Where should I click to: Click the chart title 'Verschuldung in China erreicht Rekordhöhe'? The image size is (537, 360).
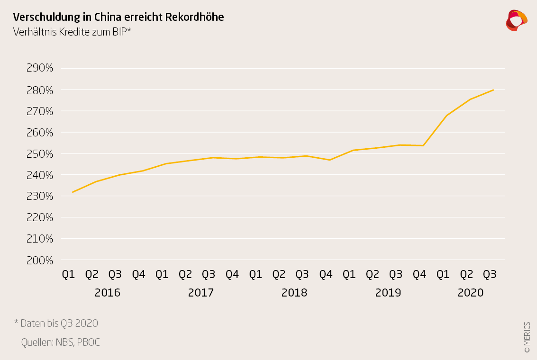(x=118, y=17)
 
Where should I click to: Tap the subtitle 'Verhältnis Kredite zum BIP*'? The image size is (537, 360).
(x=72, y=32)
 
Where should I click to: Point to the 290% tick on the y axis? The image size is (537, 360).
(x=39, y=68)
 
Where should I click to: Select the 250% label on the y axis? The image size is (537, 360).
(x=39, y=154)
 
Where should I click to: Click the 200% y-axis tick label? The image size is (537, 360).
(x=39, y=261)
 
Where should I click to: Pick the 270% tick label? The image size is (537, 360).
(x=39, y=111)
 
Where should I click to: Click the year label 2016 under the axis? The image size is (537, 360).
(x=108, y=293)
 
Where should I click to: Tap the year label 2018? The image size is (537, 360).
(x=294, y=293)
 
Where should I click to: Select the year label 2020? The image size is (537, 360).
(x=471, y=293)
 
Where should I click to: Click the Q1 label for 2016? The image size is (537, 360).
(x=69, y=274)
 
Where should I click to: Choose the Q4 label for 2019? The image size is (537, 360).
(x=419, y=274)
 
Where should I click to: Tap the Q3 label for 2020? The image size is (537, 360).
(x=490, y=274)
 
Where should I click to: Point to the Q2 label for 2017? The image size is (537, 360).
(x=185, y=274)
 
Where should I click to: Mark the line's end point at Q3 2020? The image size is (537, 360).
(x=493, y=90)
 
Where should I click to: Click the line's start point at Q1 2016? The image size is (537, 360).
(x=73, y=192)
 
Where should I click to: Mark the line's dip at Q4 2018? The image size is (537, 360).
(x=329, y=160)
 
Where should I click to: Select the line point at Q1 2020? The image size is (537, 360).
(x=446, y=115)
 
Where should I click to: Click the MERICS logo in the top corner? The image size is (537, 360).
(x=516, y=20)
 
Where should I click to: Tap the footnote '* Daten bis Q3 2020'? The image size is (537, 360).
(x=56, y=324)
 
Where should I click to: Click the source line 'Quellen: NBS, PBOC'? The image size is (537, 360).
(x=61, y=342)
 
